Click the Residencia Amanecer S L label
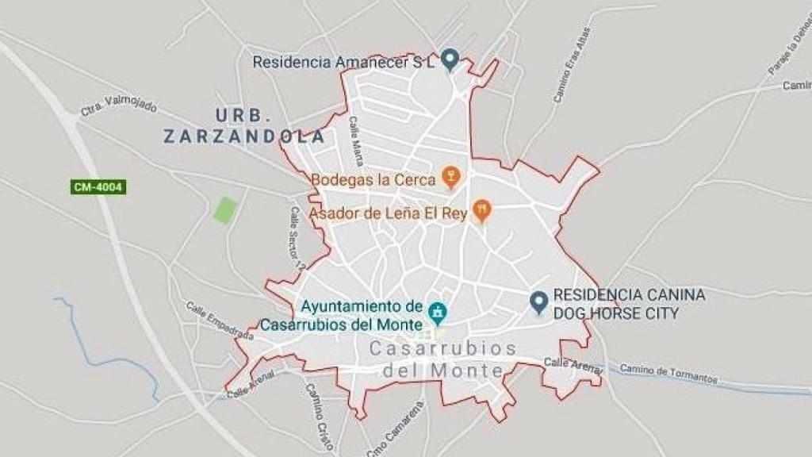click(x=344, y=61)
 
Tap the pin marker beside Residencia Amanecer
click(x=450, y=59)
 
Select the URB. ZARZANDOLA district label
click(x=244, y=125)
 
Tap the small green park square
click(x=225, y=209)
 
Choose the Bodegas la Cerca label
click(x=373, y=179)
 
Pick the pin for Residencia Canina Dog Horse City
click(x=539, y=301)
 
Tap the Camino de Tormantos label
click(x=668, y=373)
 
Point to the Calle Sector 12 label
click(x=297, y=238)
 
